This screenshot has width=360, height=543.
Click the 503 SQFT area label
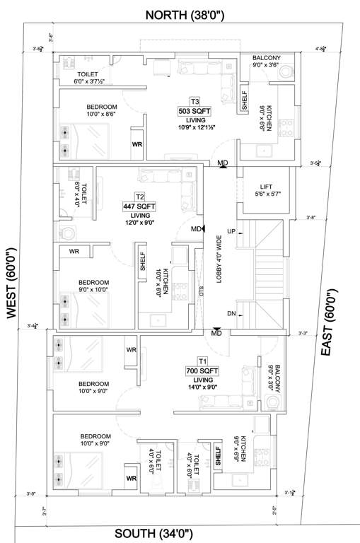pyautogui.click(x=194, y=112)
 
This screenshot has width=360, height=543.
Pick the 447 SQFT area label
pyautogui.click(x=139, y=206)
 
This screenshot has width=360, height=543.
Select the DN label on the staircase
pyautogui.click(x=231, y=313)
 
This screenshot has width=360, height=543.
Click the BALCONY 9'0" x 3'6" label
pyautogui.click(x=266, y=62)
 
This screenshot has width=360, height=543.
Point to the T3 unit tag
pyautogui.click(x=194, y=101)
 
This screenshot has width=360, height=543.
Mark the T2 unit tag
pyautogui.click(x=139, y=197)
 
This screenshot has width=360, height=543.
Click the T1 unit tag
pyautogui.click(x=202, y=361)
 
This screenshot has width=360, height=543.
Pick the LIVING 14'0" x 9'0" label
pyautogui.click(x=202, y=383)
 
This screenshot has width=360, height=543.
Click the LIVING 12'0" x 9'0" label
pyautogui.click(x=139, y=219)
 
